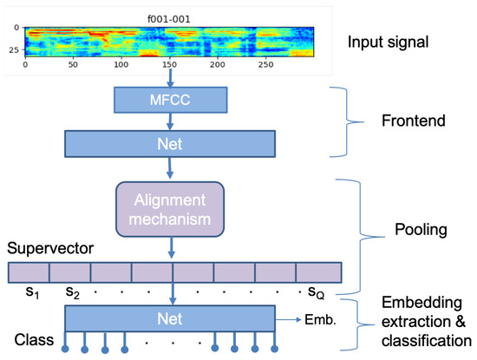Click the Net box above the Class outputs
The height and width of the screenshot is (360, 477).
169,317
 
